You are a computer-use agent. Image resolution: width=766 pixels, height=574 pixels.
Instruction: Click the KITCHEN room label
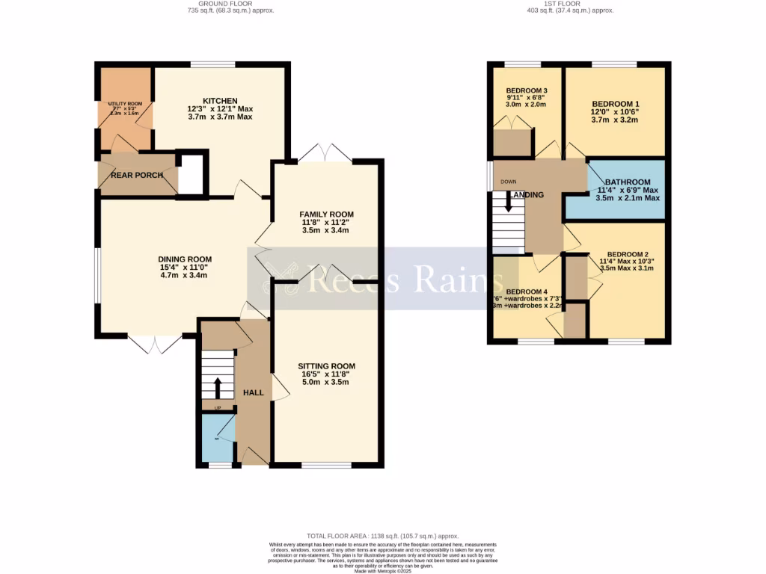point(220,101)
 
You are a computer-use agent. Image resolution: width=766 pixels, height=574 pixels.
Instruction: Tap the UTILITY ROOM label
point(125,104)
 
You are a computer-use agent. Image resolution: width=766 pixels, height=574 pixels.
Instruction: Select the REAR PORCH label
point(132,176)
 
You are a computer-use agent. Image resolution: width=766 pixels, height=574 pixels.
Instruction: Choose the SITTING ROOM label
point(326,366)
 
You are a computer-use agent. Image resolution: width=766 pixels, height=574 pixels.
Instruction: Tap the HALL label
point(253,392)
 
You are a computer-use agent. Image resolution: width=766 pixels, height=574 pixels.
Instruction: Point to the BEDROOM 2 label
point(628,254)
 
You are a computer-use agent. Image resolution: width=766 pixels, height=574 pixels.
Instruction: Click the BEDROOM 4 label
point(527,291)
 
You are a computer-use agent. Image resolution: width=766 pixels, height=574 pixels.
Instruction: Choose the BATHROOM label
point(628,182)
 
